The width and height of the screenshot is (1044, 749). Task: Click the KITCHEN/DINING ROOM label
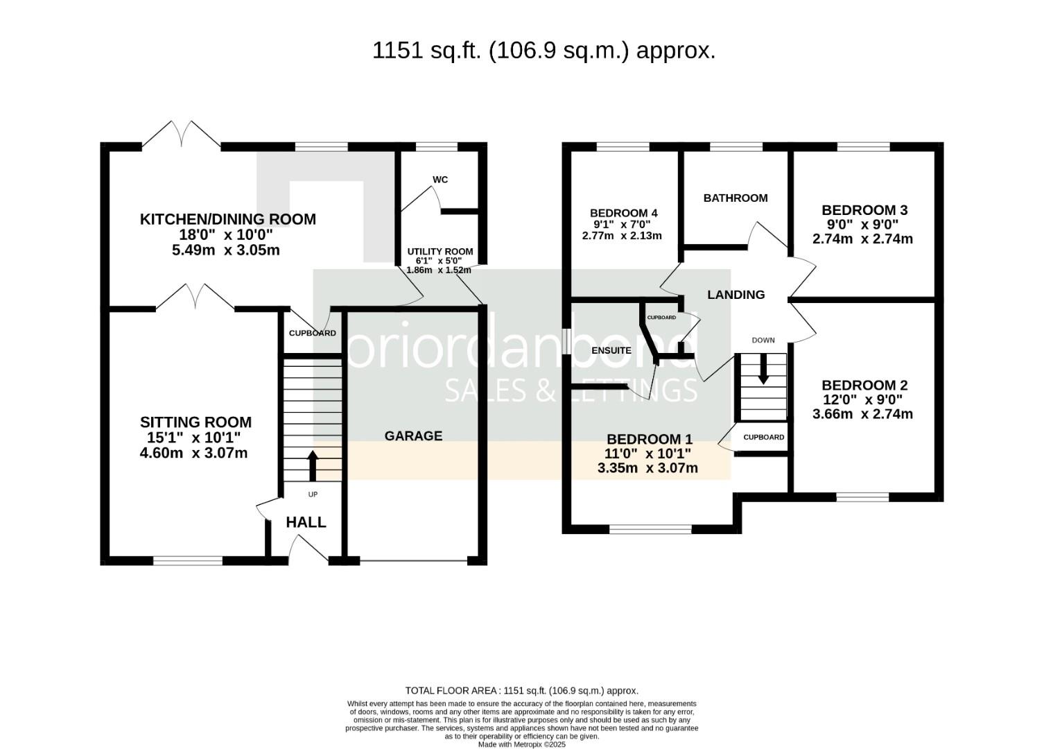[x=227, y=219]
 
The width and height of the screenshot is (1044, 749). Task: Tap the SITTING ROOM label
[x=195, y=422]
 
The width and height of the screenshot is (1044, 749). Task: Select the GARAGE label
[x=413, y=436]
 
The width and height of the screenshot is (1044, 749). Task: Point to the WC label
[x=440, y=180]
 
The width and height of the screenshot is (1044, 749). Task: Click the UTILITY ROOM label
[x=440, y=252]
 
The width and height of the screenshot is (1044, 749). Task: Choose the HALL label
[x=306, y=522]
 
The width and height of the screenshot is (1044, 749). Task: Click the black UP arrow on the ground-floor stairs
[x=312, y=465]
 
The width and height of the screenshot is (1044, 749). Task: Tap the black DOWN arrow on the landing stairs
[x=763, y=369]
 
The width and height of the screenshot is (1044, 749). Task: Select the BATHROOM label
[x=736, y=198]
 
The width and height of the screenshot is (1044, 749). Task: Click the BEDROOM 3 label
[x=864, y=210]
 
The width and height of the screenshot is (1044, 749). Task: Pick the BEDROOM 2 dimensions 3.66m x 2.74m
[x=862, y=415]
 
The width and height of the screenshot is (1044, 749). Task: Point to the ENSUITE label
[x=611, y=350]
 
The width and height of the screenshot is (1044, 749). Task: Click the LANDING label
[x=736, y=295]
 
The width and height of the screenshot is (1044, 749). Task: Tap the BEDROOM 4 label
[x=623, y=213]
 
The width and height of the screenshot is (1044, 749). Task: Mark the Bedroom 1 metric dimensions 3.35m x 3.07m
[x=647, y=468]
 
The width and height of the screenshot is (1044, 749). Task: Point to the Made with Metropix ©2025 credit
[x=521, y=744]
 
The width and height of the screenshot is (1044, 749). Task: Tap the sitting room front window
[x=188, y=560]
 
